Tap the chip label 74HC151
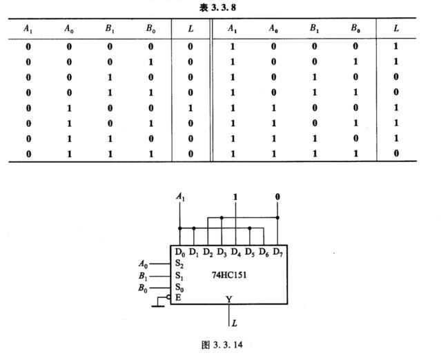click(231, 274)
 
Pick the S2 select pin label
click(179, 263)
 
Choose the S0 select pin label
click(179, 287)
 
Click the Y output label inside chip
click(228, 299)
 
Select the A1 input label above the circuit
click(181, 197)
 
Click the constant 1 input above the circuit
click(235, 197)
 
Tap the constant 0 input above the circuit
click(277, 197)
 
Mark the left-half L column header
click(190, 29)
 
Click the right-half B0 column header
click(355, 29)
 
